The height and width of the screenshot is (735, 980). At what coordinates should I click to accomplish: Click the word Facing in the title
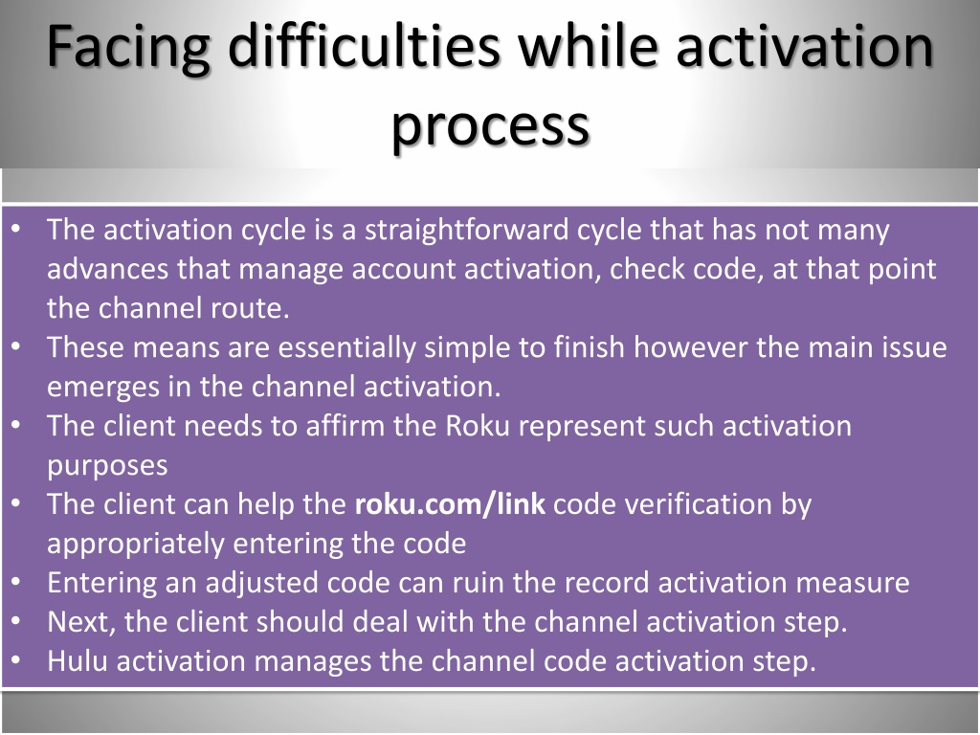(128, 48)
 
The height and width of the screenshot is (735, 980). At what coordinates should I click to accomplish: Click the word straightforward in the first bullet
(466, 231)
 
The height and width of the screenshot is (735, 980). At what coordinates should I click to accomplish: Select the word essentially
(346, 347)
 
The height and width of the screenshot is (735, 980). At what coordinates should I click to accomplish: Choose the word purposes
(107, 467)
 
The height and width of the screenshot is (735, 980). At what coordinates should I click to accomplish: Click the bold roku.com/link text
(450, 503)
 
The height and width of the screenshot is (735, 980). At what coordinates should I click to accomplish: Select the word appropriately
(136, 544)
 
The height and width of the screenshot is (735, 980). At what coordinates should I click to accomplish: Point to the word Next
(81, 622)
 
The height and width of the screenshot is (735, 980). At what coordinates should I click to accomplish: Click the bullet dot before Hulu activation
(16, 659)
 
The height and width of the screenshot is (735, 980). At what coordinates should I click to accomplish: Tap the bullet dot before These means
(16, 345)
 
